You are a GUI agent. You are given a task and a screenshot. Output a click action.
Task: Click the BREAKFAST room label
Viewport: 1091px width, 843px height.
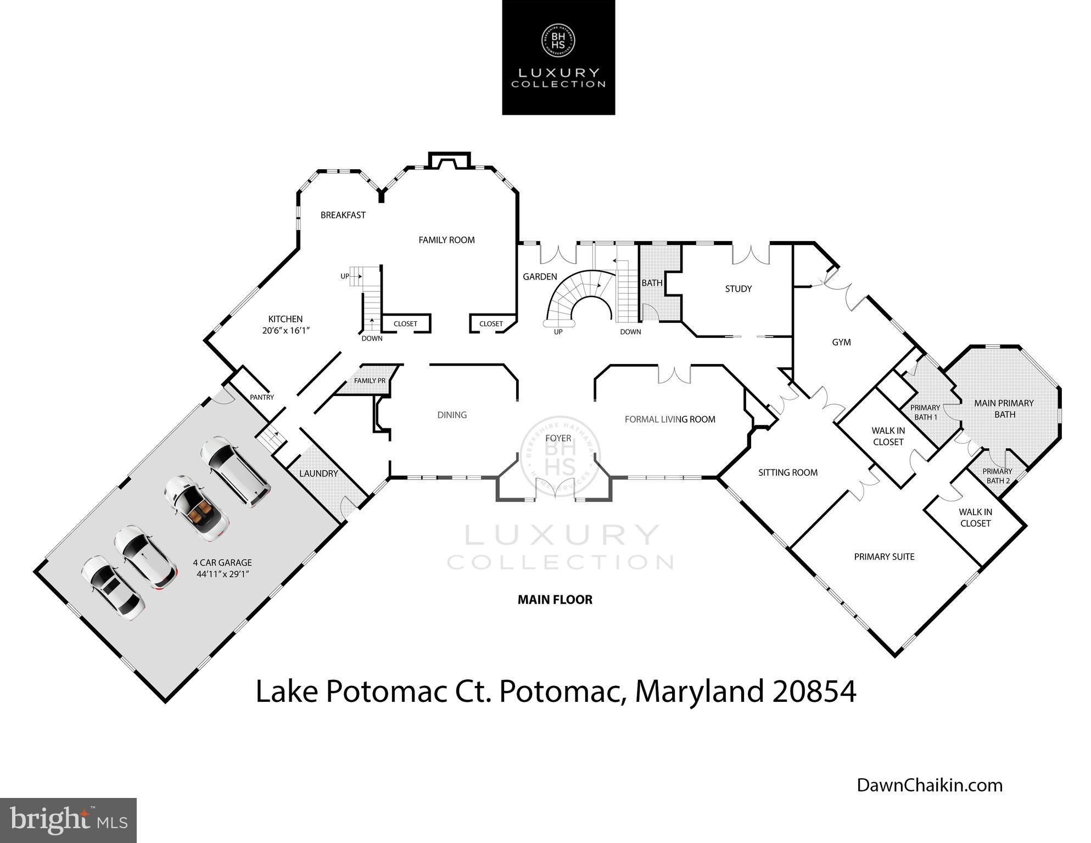(x=343, y=215)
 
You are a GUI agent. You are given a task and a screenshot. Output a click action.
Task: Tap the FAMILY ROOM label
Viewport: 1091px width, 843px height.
(x=446, y=240)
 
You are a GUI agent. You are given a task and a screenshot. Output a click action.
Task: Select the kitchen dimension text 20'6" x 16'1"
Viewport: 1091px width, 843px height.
(x=286, y=331)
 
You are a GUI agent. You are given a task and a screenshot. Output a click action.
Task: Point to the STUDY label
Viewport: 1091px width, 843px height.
(x=738, y=289)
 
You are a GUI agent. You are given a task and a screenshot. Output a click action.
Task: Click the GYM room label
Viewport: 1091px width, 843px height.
(x=841, y=343)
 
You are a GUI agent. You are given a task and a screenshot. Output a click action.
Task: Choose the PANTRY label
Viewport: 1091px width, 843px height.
(x=262, y=397)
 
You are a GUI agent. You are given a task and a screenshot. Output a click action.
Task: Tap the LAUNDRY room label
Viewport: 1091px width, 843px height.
(x=318, y=473)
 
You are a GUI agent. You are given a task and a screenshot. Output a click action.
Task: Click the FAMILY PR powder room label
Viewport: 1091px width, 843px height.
(x=370, y=381)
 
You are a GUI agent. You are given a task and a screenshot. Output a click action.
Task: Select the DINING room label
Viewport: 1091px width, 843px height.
(x=452, y=415)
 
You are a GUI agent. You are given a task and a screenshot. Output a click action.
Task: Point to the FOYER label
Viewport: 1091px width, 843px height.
(x=558, y=438)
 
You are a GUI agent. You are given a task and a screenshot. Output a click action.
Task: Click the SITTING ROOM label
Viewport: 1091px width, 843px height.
(x=788, y=472)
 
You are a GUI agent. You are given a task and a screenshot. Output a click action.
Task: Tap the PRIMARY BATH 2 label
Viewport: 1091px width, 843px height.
(x=998, y=476)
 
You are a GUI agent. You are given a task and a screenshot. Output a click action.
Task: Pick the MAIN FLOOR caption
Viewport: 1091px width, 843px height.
(x=555, y=600)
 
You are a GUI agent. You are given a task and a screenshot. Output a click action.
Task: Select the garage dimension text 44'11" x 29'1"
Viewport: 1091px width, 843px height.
(x=222, y=574)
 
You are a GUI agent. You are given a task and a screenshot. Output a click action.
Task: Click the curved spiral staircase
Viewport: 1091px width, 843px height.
(x=578, y=299)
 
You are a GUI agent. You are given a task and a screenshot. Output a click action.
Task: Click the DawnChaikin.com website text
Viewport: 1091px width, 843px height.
(x=930, y=785)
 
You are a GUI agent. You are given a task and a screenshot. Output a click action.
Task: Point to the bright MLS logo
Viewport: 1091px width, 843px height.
(x=68, y=820)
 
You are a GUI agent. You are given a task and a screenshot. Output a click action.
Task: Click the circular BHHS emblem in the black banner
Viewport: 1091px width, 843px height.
(x=558, y=40)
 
